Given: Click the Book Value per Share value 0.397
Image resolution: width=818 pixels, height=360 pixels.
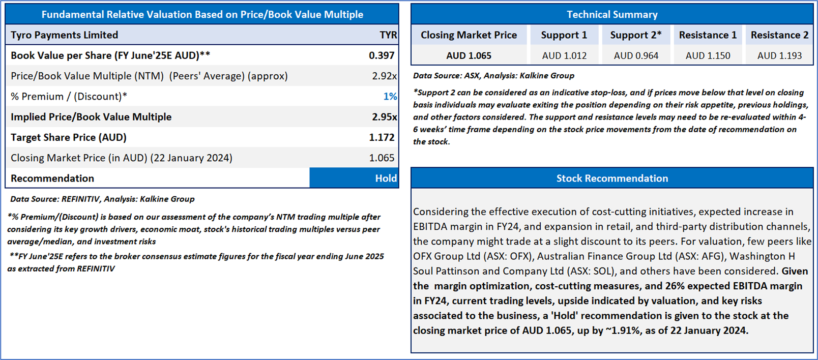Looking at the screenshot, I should coord(382,55).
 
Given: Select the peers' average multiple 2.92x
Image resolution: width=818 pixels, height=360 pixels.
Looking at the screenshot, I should coord(384,76).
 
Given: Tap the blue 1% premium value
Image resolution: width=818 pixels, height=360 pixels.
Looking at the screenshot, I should coord(390,96).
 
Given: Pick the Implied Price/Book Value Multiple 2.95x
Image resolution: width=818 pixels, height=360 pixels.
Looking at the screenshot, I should coord(384,117).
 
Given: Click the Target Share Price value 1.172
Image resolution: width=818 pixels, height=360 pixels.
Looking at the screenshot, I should coord(382,137).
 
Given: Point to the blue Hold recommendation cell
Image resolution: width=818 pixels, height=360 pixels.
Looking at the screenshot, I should coord(354,178).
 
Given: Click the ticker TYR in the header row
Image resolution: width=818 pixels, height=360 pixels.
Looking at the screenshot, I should coord(388,35).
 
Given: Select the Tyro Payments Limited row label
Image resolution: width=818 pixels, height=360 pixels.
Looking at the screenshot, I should coord(65,35).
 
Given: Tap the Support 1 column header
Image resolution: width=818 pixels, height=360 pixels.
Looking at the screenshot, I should coord(564,35).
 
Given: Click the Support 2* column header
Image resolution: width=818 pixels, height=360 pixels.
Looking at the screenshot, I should coord(636,35).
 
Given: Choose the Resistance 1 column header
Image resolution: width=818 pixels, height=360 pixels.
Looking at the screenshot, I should coord(708,35).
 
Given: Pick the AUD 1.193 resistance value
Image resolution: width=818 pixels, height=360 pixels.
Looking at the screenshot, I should coord(779,56).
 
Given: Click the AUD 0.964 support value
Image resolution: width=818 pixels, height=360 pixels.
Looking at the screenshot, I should coord(636,56).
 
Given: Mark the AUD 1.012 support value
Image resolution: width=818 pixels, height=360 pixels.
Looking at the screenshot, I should coord(564,56).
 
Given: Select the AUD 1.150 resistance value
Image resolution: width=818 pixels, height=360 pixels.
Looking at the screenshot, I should coord(708,56).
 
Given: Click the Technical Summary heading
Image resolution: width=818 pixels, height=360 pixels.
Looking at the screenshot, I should coord(612,15).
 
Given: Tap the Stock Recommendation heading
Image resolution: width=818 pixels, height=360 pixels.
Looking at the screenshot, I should coord(612,178).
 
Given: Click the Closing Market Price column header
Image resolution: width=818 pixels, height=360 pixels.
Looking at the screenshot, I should coord(469,35).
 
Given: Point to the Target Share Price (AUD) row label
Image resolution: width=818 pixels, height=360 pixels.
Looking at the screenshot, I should coord(69,137).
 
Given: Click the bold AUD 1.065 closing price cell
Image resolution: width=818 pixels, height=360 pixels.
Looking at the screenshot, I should coord(469,56).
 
